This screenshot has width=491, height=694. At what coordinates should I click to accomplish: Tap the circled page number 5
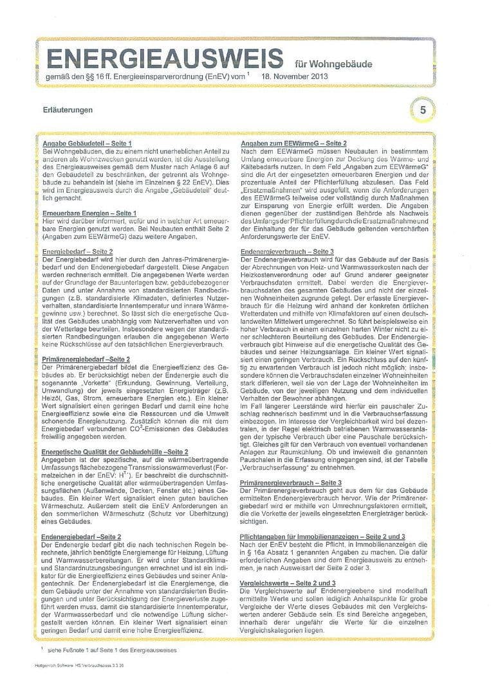(x=423, y=110)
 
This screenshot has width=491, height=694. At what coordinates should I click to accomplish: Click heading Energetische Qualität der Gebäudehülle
(x=104, y=452)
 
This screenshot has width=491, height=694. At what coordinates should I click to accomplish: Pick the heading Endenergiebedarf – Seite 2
(x=82, y=535)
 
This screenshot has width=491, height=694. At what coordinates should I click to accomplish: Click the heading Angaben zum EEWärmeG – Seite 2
(x=293, y=142)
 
